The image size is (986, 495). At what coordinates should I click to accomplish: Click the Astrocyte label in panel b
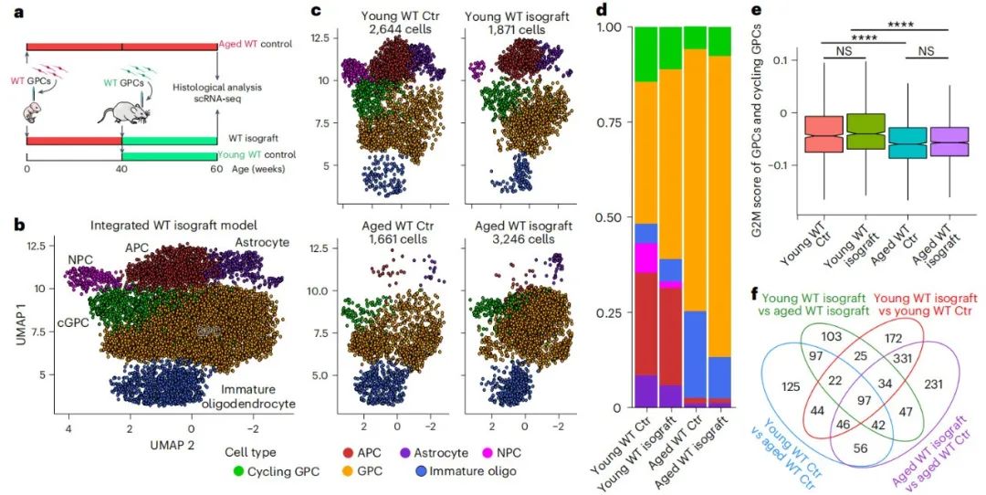click(262, 242)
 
